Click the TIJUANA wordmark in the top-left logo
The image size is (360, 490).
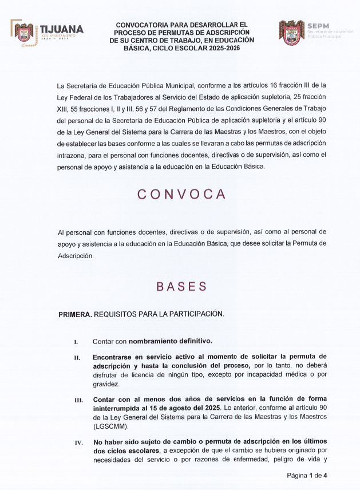61,29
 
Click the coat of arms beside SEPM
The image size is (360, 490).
291,33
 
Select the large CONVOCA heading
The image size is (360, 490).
181,194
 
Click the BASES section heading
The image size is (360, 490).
181,286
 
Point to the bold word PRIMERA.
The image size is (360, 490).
74,314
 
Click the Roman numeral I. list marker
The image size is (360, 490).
76,342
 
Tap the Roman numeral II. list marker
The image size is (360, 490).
77,357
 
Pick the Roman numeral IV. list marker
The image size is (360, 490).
78,442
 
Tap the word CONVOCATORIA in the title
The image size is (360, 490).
145,25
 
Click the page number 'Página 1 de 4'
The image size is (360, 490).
307,476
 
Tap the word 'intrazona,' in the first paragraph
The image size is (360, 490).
73,155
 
